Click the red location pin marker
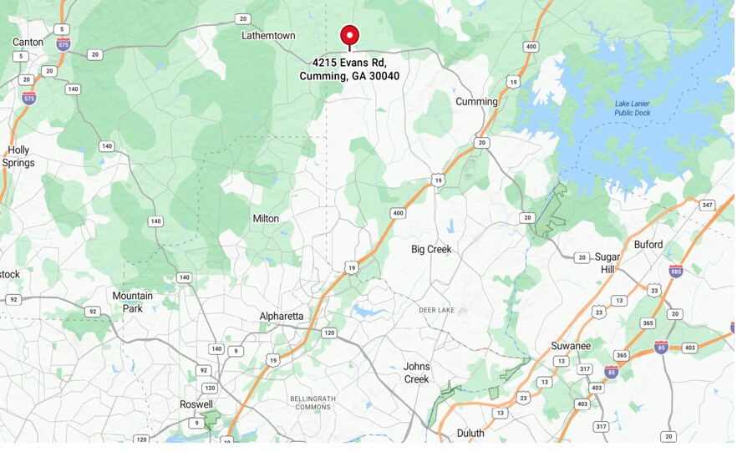(349, 36)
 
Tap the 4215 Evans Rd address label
(349, 69)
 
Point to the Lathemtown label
(268, 36)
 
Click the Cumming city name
(476, 102)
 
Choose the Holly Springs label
(18, 156)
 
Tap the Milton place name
(266, 219)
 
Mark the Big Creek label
(431, 250)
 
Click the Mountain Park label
(133, 302)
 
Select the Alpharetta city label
(282, 316)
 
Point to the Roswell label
(196, 404)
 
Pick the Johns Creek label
(416, 373)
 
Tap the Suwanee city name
(571, 346)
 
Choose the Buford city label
(648, 245)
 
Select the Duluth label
(470, 433)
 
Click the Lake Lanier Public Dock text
(632, 108)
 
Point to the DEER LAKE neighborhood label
(436, 311)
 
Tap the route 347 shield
(708, 205)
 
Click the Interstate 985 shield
(676, 271)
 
